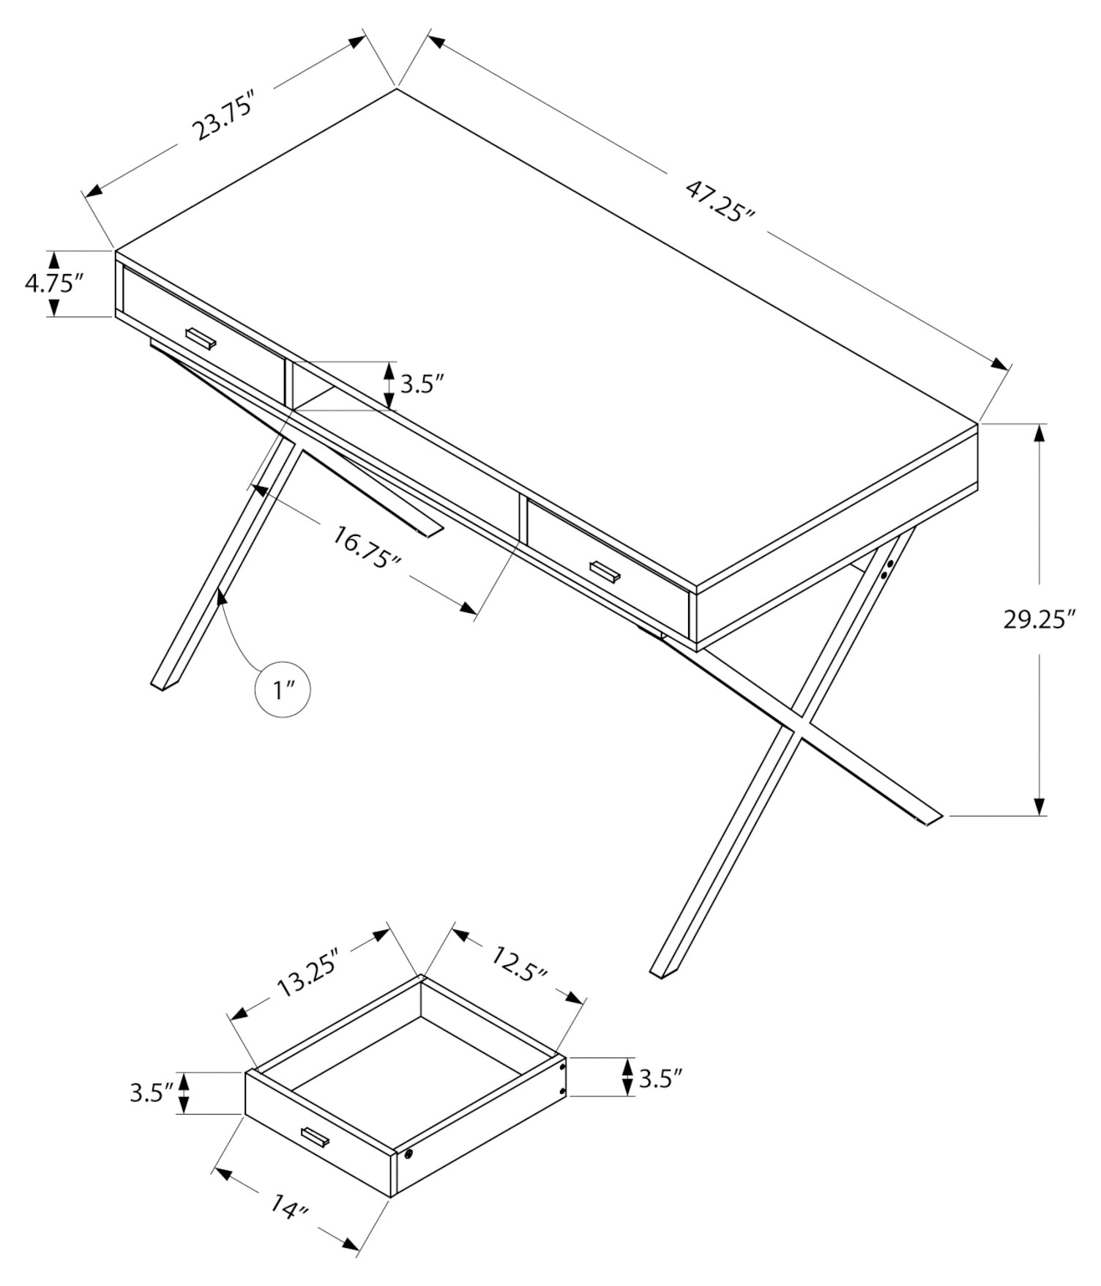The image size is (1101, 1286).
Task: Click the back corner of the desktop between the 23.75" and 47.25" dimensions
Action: tap(397, 89)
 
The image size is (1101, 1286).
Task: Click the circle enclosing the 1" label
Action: tap(282, 689)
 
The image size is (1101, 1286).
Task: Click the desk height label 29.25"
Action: tap(1039, 620)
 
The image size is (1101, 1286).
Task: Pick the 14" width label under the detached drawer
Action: tap(287, 1205)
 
